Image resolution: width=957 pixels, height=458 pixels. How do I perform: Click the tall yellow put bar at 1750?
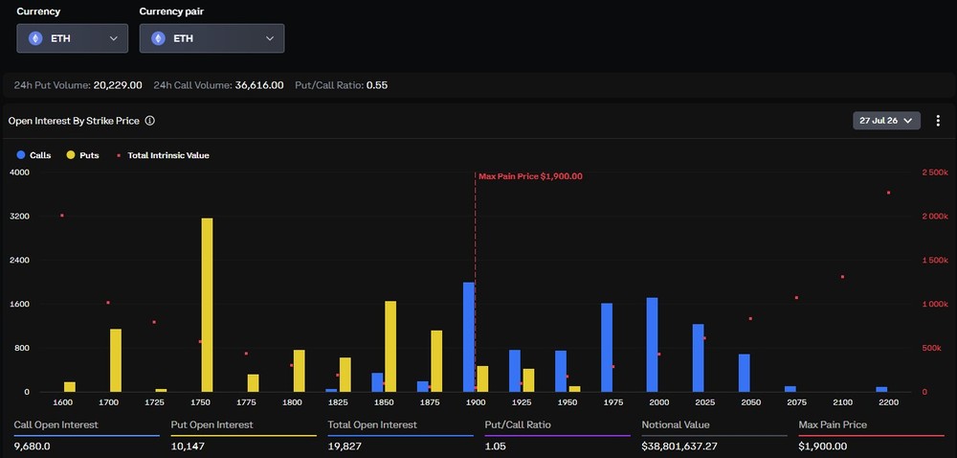pyautogui.click(x=207, y=305)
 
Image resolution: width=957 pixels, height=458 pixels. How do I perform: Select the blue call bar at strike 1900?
pyautogui.click(x=469, y=337)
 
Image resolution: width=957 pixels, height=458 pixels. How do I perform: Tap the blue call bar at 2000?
pyautogui.click(x=653, y=345)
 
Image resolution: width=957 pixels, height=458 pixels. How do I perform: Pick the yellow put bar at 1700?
pyautogui.click(x=116, y=360)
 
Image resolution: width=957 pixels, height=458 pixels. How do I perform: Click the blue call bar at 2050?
pyautogui.click(x=744, y=373)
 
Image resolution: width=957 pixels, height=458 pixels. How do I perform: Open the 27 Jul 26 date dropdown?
pyautogui.click(x=886, y=121)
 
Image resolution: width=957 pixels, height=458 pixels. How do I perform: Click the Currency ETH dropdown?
pyautogui.click(x=73, y=38)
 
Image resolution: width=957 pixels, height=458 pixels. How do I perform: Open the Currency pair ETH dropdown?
pyautogui.click(x=211, y=38)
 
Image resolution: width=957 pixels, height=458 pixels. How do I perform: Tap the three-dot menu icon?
pyautogui.click(x=938, y=121)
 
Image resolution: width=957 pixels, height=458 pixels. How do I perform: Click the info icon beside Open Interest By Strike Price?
pyautogui.click(x=149, y=121)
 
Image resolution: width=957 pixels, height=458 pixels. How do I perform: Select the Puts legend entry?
pyautogui.click(x=82, y=155)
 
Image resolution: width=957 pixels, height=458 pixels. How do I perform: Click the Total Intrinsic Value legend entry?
pyautogui.click(x=163, y=155)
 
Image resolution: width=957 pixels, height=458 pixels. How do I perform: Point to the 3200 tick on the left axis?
pyautogui.click(x=19, y=217)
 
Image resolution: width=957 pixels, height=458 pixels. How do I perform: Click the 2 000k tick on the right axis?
pyautogui.click(x=934, y=217)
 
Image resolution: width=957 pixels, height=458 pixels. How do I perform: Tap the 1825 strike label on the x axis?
pyautogui.click(x=338, y=402)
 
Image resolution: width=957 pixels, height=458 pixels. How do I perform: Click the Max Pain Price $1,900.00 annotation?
pyautogui.click(x=530, y=176)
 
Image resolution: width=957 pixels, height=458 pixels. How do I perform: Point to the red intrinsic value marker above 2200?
pyautogui.click(x=888, y=193)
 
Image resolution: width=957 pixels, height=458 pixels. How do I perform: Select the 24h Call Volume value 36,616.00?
pyautogui.click(x=259, y=85)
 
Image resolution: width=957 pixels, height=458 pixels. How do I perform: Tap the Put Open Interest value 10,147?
pyautogui.click(x=188, y=447)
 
